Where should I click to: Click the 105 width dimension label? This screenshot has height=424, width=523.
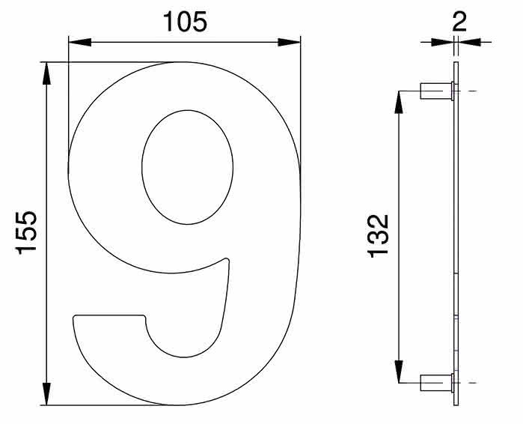coord(185,22)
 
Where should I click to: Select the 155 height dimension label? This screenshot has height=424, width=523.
coord(26,233)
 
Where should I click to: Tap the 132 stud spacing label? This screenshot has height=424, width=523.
coord(378,236)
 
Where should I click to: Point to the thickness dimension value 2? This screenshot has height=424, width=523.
coord(459,22)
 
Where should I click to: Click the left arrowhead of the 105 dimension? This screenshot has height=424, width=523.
coord(80,43)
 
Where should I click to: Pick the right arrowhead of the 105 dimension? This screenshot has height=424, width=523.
coord(289,43)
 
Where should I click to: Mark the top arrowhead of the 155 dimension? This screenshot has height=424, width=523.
coord(46,73)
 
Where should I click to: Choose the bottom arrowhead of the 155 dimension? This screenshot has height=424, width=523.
coord(46,394)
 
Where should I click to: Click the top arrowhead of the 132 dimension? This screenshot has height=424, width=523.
coord(399,102)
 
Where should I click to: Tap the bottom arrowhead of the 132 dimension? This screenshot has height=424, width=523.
coord(399,372)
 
